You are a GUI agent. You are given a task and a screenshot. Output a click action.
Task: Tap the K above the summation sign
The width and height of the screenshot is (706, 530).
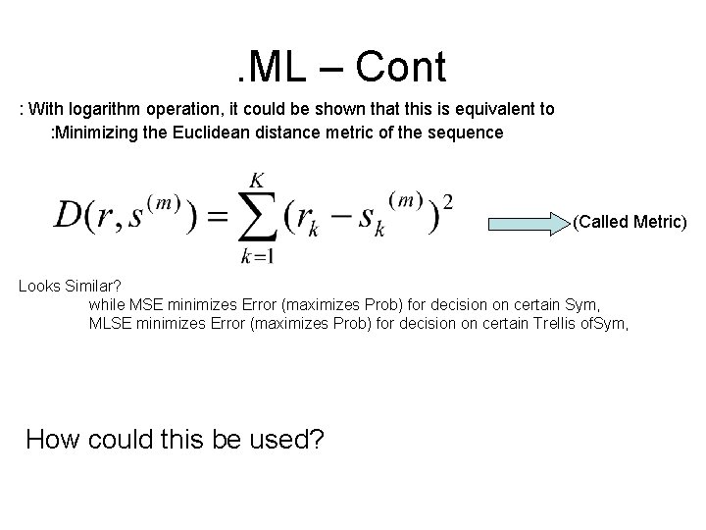point(257,180)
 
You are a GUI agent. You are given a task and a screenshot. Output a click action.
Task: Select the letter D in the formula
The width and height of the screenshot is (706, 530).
point(71,216)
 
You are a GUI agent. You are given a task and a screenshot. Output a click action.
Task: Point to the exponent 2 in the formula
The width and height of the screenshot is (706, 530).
point(448,201)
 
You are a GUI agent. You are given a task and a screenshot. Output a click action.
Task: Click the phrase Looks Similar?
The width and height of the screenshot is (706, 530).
point(67,287)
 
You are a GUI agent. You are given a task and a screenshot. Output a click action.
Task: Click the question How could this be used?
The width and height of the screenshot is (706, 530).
point(175,438)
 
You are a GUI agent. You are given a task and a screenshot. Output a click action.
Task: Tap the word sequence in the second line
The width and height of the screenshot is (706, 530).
point(471,132)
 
